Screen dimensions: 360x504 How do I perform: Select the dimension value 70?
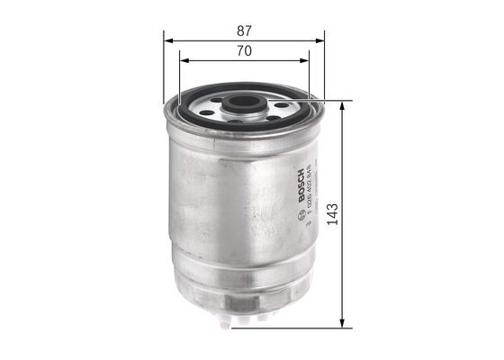(x=244, y=51)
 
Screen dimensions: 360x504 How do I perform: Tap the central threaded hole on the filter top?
(x=240, y=103)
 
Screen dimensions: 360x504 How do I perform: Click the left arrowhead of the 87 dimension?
(x=168, y=40)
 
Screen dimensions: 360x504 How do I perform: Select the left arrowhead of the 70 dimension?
(x=184, y=62)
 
